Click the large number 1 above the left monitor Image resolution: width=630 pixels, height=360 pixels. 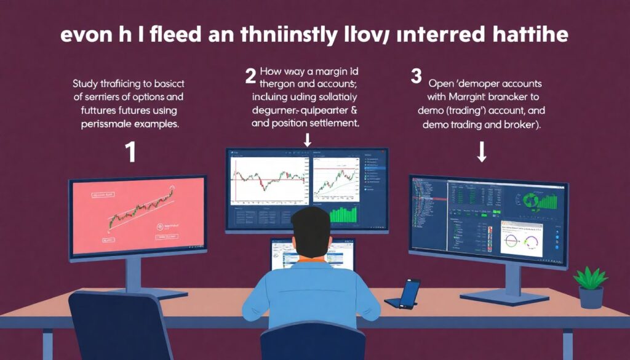(130, 153)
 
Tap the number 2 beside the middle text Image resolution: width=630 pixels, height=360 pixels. (250, 76)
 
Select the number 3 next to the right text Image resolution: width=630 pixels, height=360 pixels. (416, 76)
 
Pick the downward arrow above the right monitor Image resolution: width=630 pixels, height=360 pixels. (482, 154)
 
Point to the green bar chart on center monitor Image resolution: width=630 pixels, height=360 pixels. (343, 214)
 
